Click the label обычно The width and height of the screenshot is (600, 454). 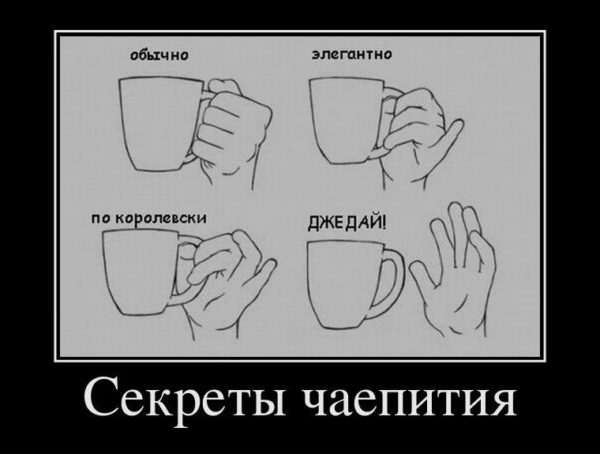click(x=159, y=55)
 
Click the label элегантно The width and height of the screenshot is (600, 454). click(x=351, y=54)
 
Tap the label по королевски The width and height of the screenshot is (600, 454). click(x=149, y=219)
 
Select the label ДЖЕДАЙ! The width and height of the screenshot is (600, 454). click(x=347, y=223)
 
